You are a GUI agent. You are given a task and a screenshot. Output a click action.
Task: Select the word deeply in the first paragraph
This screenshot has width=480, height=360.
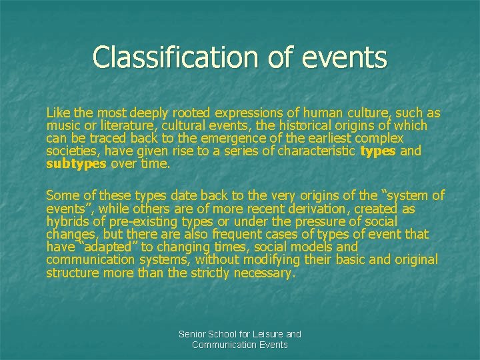pyautogui.click(x=151, y=113)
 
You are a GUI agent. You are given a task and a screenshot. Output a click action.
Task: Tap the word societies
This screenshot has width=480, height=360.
pyautogui.click(x=71, y=151)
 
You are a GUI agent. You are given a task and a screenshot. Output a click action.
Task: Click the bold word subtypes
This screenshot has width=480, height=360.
pyautogui.click(x=76, y=164)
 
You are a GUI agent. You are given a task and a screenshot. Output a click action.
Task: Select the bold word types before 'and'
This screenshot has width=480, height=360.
pyautogui.click(x=377, y=151)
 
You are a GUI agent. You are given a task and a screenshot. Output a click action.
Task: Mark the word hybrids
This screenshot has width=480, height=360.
pyautogui.click(x=67, y=221)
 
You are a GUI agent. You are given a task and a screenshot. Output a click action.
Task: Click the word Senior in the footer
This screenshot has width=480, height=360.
pyautogui.click(x=194, y=334)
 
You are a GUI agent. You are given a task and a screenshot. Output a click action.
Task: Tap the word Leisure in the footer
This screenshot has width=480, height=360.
pyautogui.click(x=265, y=334)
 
